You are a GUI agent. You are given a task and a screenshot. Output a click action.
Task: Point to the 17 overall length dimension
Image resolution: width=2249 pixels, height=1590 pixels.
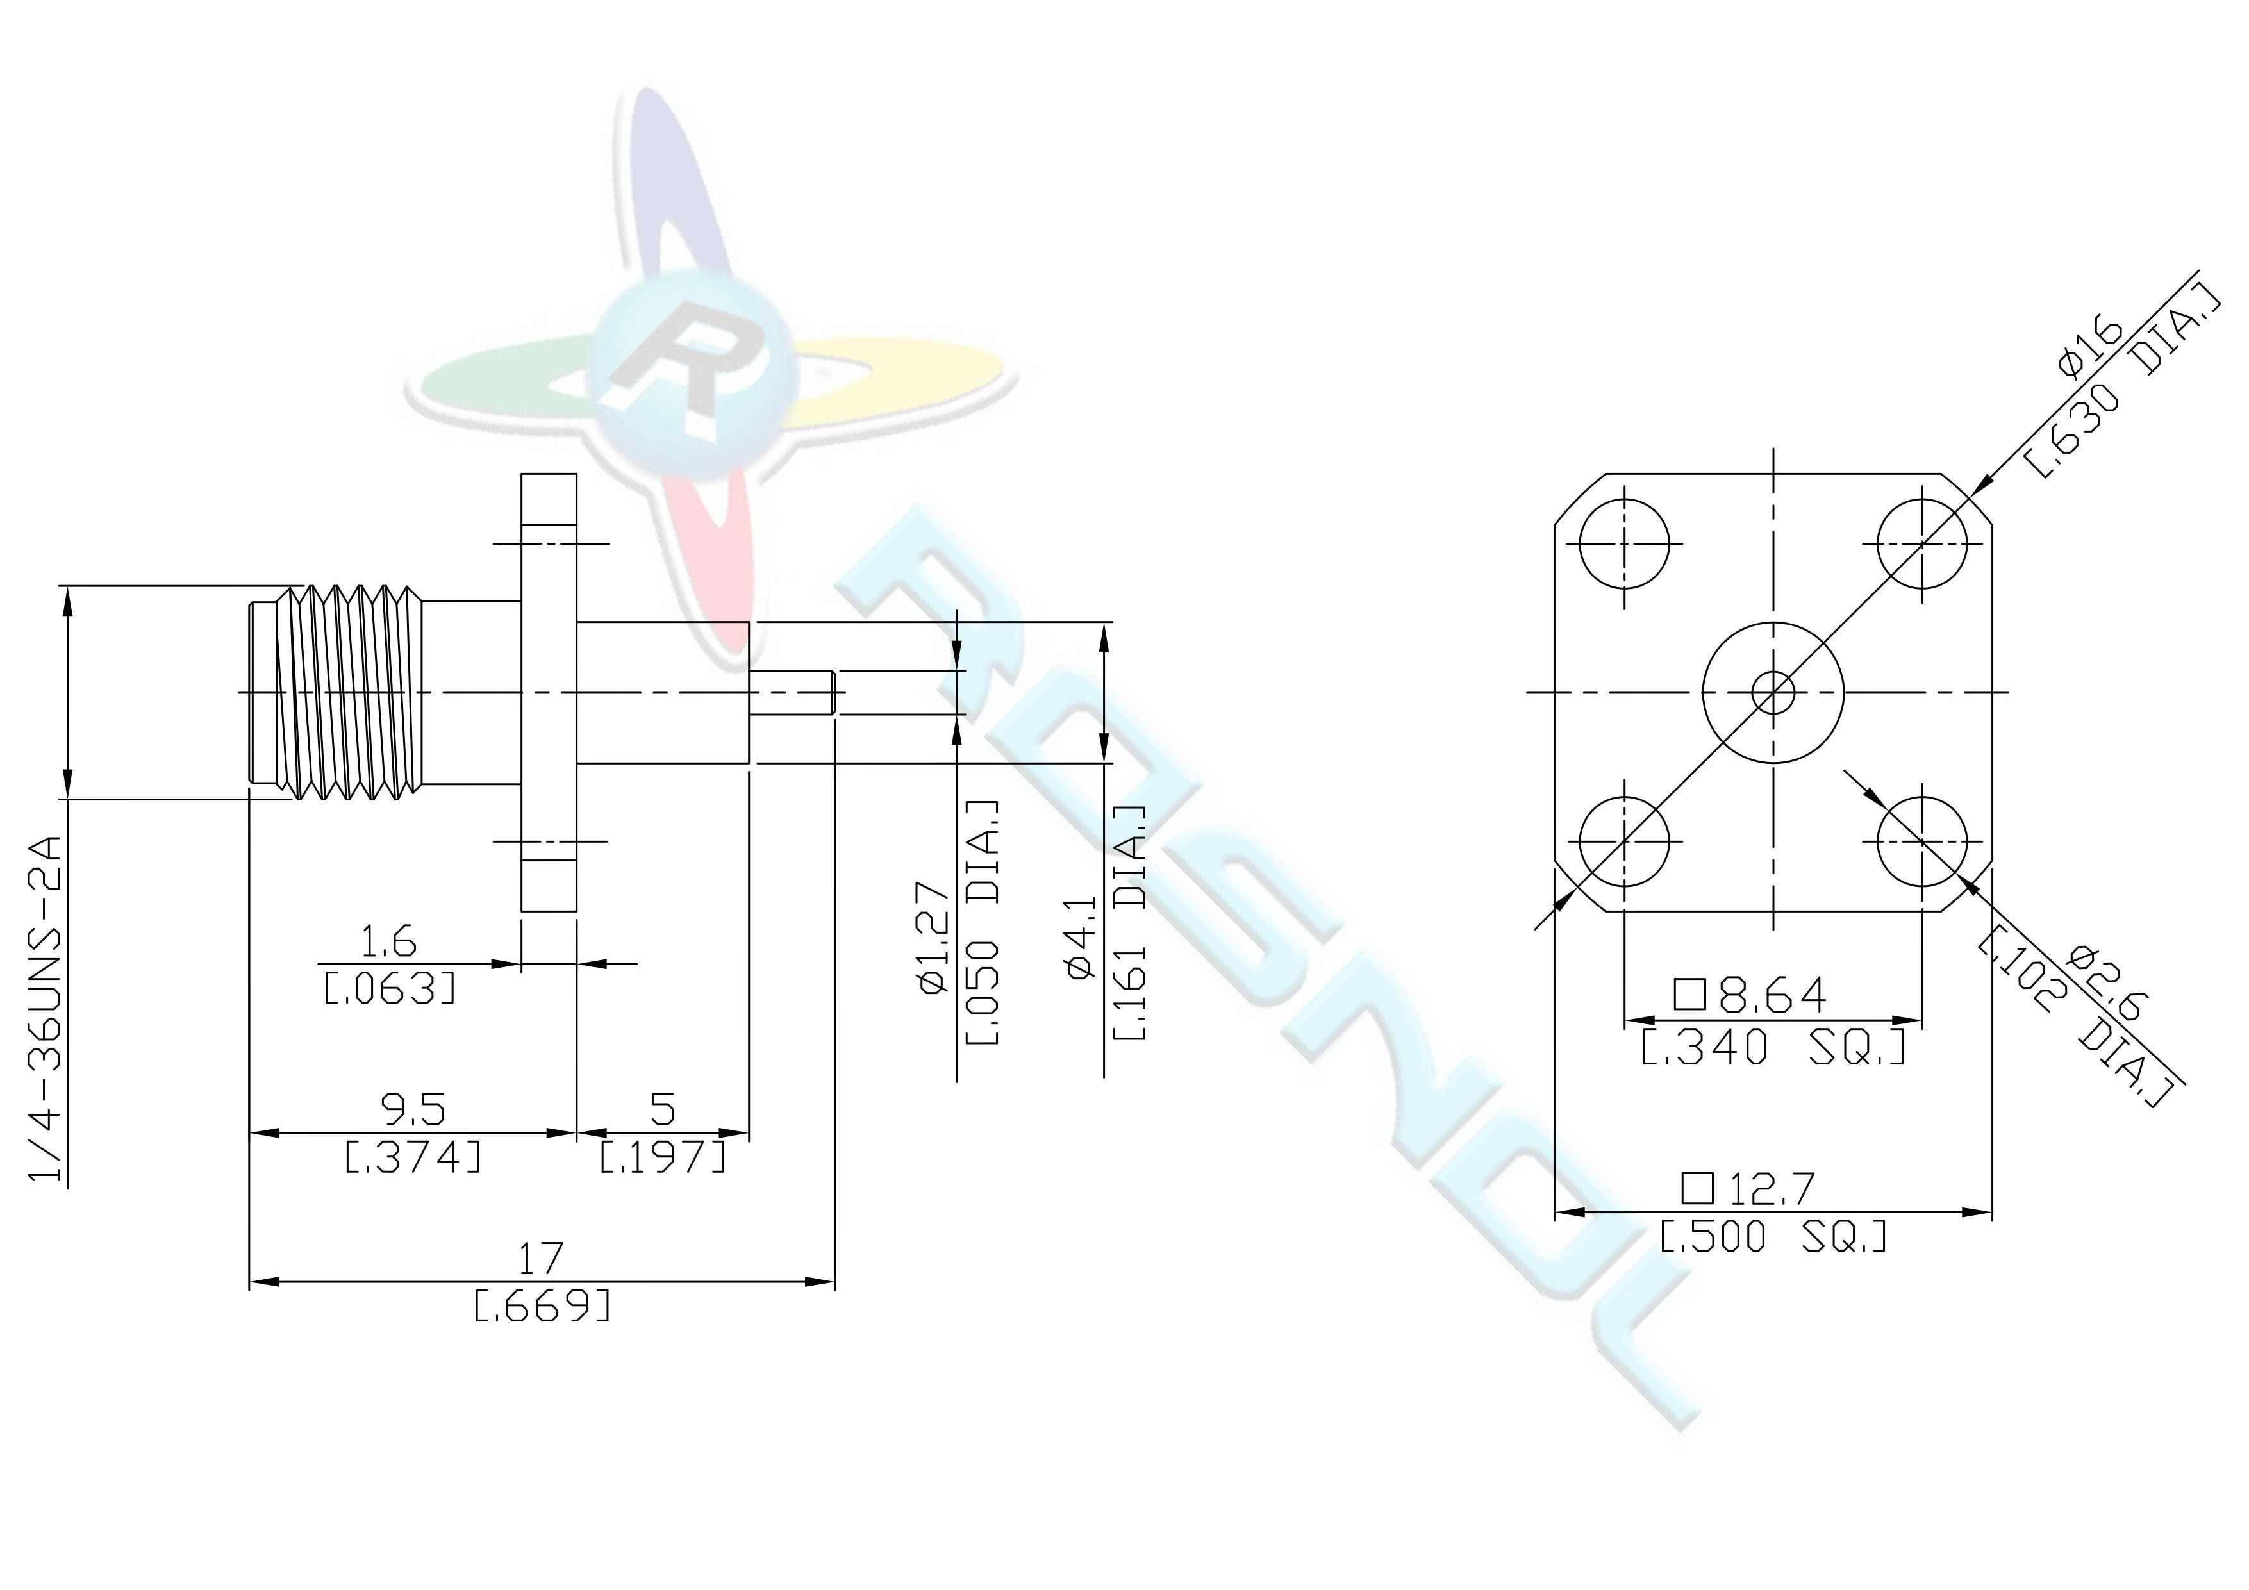coord(541,1258)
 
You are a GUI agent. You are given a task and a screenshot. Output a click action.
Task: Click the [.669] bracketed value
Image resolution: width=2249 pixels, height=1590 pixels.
coord(542,1305)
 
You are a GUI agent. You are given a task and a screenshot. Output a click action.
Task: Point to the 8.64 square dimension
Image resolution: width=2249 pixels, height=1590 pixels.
coord(1750,995)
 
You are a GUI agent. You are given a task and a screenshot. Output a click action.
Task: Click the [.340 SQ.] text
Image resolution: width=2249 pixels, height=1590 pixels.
coord(1773,1047)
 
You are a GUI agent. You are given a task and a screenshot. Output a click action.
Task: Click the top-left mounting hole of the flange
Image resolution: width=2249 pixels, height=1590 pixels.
coord(1624,543)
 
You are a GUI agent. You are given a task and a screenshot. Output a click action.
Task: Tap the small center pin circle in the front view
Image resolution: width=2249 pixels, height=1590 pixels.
coord(1773,693)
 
